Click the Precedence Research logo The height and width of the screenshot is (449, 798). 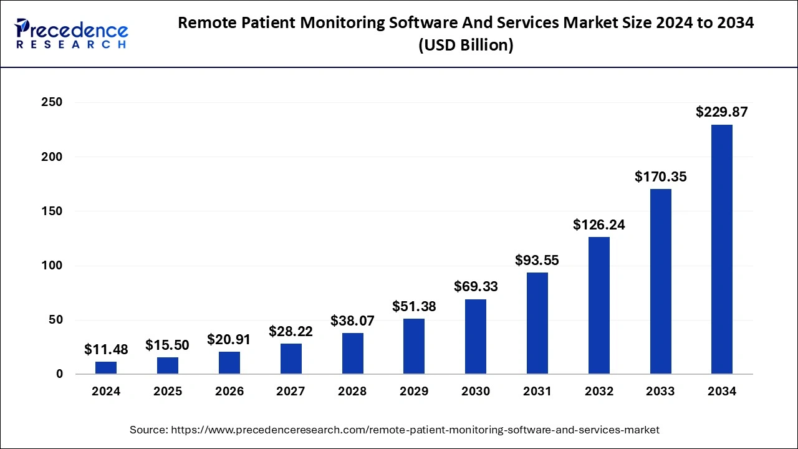coord(71,34)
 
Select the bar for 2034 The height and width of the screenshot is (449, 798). coord(721,249)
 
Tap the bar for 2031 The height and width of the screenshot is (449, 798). coord(537,323)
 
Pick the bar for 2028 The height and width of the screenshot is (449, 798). coord(352,354)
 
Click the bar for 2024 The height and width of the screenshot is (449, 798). coord(106,368)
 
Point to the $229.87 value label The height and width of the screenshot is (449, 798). coord(721,112)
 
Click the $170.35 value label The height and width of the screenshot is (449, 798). coord(660,177)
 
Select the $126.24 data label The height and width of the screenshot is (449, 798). coord(599,225)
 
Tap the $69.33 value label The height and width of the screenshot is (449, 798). coord(476,287)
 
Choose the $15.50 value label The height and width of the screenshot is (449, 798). coord(168,345)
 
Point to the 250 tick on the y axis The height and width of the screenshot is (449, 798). coord(52,102)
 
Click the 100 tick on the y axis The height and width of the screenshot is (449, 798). coord(52,266)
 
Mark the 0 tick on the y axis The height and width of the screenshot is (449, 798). coord(59,374)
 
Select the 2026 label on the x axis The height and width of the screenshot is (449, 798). coord(229,392)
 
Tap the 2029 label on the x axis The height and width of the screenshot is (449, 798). coord(414,392)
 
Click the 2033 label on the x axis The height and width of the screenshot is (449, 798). coord(660,392)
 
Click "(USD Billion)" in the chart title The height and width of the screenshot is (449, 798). coord(466,46)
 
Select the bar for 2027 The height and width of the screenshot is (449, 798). coord(291,359)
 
